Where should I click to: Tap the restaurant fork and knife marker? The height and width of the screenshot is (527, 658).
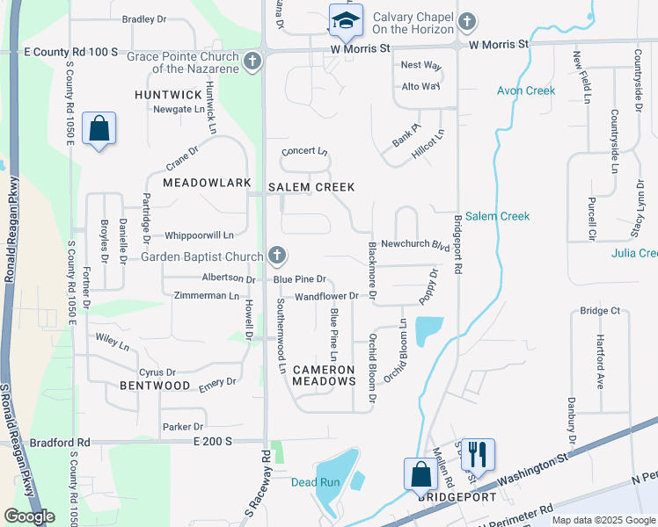[478, 454]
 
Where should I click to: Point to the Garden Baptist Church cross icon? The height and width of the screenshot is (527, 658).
[276, 256]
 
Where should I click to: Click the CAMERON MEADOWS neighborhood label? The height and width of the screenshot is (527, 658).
[323, 375]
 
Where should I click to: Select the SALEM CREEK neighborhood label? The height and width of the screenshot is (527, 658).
[311, 187]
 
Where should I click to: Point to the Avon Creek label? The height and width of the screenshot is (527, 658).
[526, 90]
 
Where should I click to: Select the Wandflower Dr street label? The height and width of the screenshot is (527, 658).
[326, 296]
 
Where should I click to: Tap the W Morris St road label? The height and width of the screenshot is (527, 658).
[499, 43]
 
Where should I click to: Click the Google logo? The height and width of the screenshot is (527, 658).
[29, 516]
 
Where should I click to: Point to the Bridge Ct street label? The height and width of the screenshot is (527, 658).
[601, 311]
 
